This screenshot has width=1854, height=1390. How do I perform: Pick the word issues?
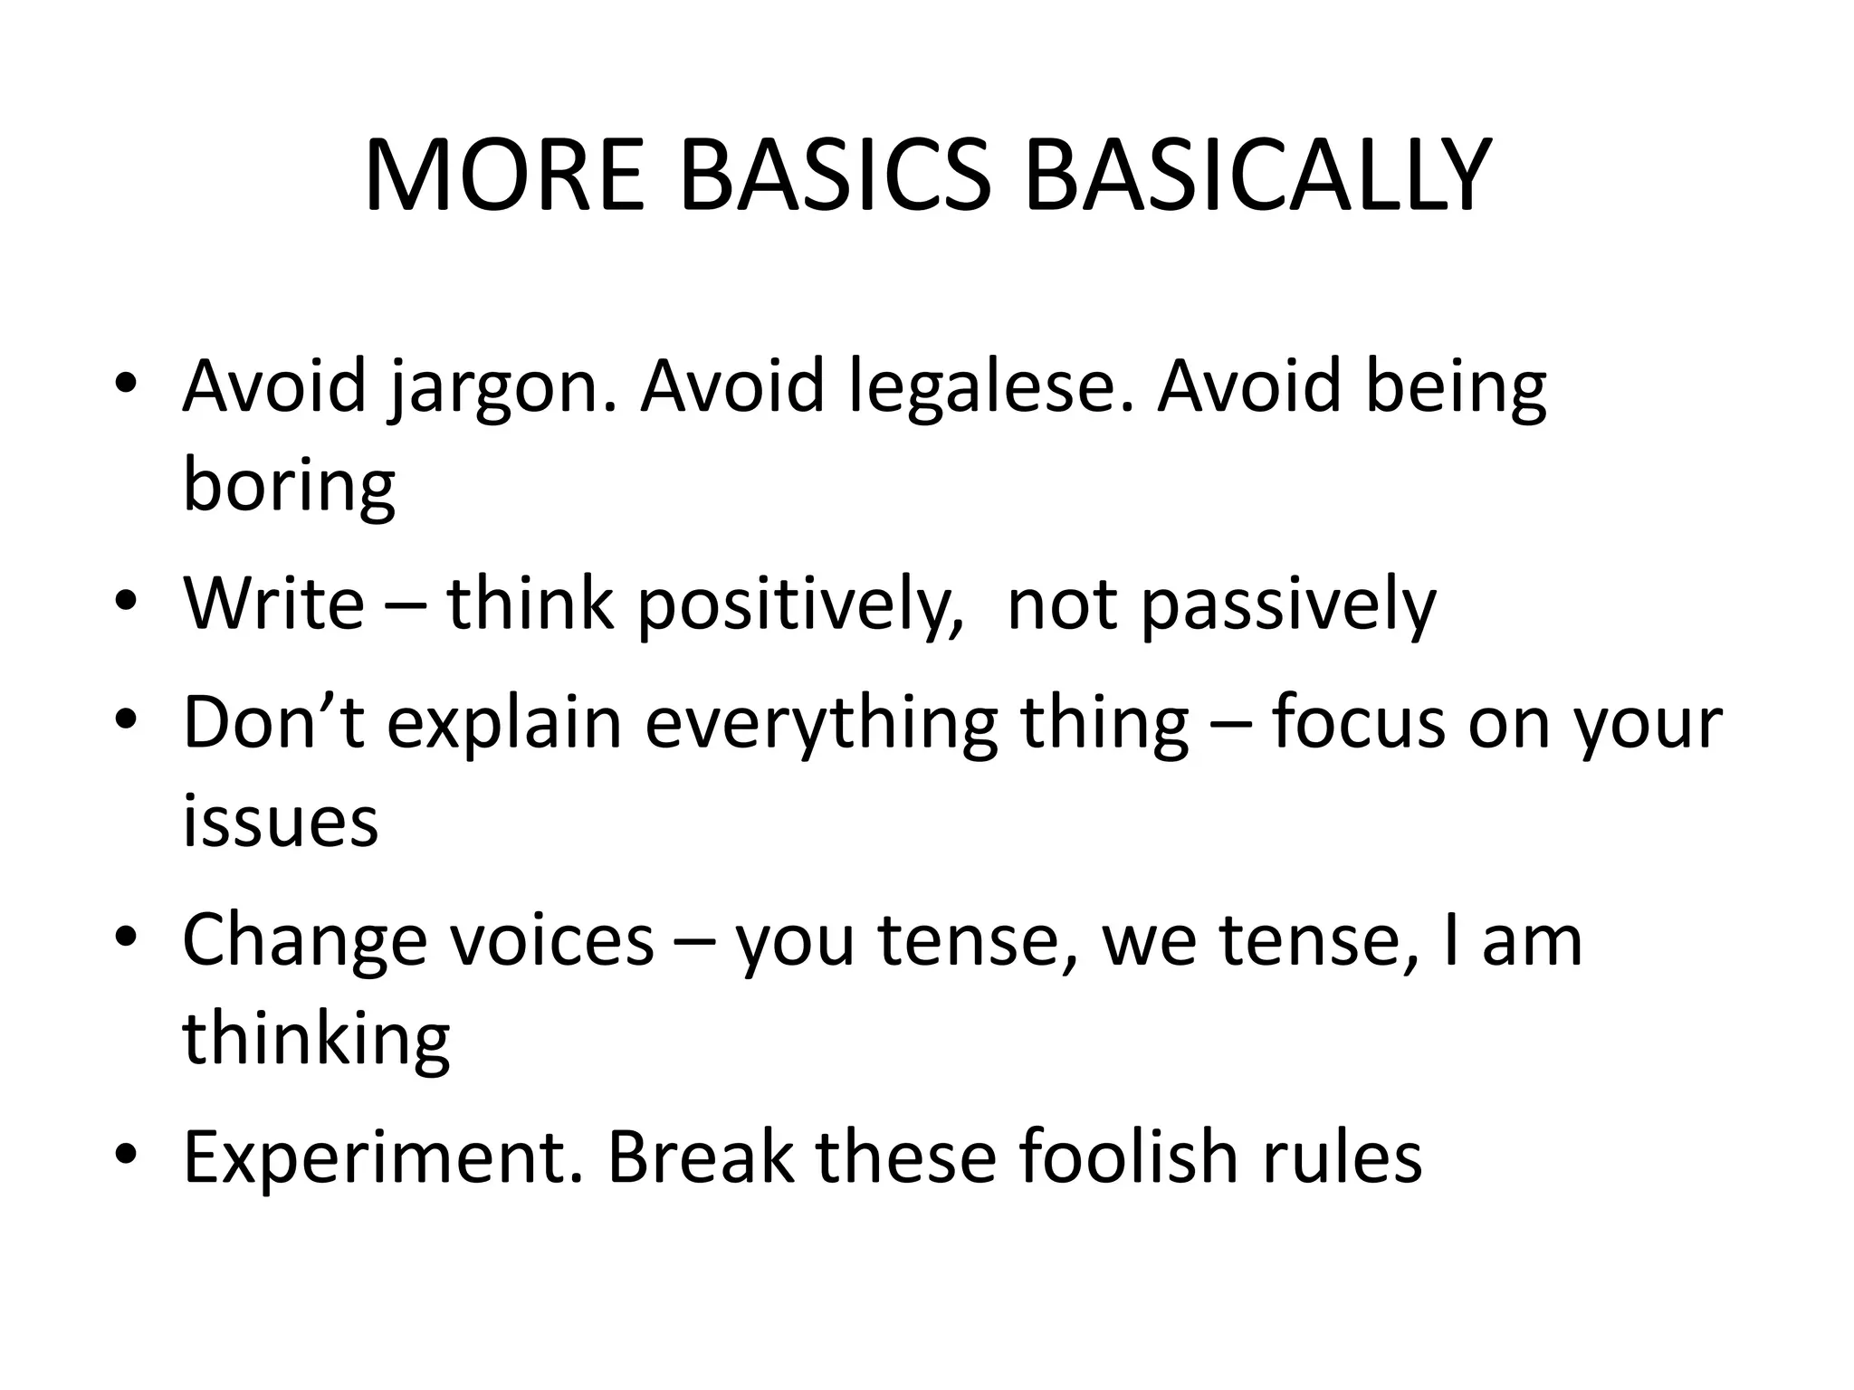tap(280, 822)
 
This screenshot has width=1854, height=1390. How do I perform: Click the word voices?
tap(551, 941)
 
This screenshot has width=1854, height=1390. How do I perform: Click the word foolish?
tap(1127, 1158)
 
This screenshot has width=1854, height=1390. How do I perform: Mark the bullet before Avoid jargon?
tap(126, 384)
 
